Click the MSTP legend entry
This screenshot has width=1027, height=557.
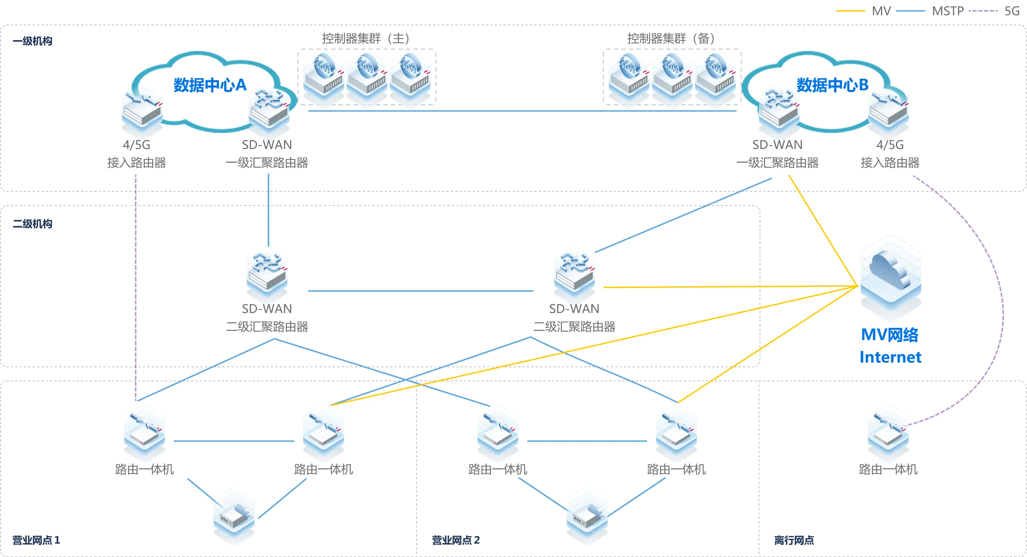[947, 11]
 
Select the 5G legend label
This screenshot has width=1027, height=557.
[1012, 11]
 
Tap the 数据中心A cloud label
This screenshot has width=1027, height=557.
[210, 85]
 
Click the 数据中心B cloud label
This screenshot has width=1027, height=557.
[832, 85]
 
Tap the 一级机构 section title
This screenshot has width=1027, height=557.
[32, 41]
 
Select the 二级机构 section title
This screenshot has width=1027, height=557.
[32, 224]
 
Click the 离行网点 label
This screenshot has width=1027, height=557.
[794, 540]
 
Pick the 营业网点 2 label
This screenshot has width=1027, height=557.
[456, 540]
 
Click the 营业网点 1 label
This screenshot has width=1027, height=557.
[36, 540]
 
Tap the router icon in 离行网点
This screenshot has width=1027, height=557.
[888, 432]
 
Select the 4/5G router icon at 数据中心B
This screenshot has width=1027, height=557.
[888, 111]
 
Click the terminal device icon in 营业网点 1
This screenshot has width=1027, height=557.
[234, 516]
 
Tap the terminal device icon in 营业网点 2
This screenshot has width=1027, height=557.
[587, 516]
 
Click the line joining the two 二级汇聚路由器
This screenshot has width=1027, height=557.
[421, 291]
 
